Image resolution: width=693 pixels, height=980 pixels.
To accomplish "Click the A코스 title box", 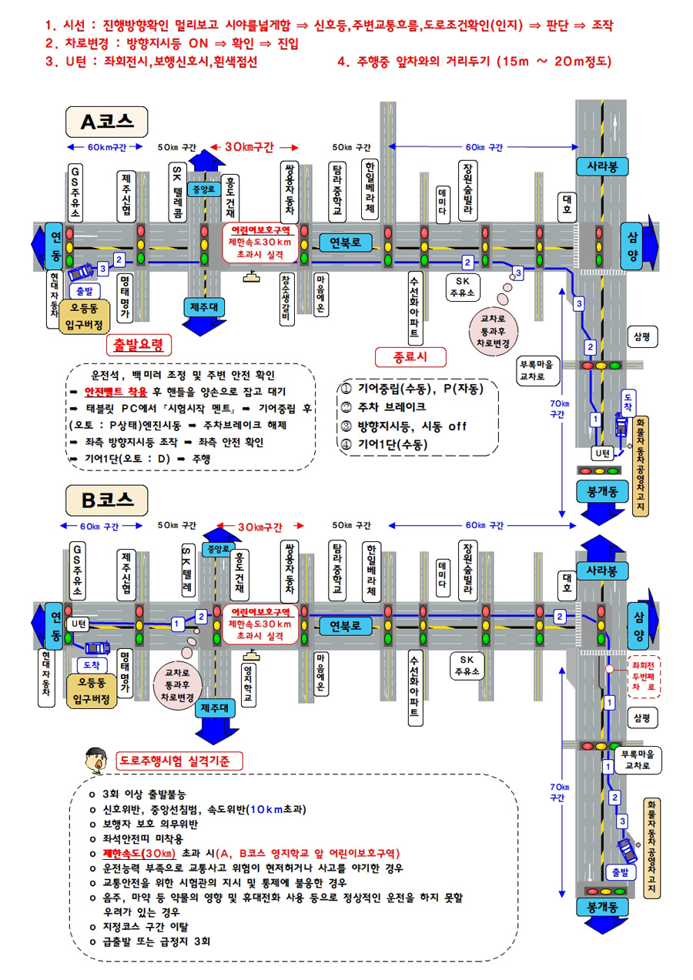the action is click(106, 122).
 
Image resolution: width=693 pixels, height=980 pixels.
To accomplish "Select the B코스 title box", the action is click(106, 500).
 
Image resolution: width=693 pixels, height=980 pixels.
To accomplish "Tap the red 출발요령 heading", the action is click(139, 345).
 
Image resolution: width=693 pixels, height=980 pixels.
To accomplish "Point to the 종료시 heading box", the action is click(410, 357).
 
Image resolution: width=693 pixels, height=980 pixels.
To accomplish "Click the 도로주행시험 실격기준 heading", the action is click(179, 761).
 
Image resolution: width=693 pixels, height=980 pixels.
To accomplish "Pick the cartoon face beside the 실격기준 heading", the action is click(95, 760).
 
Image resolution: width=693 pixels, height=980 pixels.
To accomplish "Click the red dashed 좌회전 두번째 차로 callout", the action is click(644, 677).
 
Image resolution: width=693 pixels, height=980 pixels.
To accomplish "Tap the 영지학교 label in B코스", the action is click(249, 684).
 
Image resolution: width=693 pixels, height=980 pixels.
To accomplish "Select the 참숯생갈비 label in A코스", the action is click(286, 299).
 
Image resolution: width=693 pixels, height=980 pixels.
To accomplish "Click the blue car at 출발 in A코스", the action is click(81, 272).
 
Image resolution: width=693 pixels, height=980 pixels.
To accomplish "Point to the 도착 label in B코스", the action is click(92, 665).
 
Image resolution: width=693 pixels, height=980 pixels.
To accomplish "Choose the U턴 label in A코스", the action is click(602, 453).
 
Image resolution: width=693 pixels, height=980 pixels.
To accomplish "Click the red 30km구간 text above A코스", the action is click(249, 147).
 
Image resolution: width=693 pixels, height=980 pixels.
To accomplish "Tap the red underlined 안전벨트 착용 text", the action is click(115, 392).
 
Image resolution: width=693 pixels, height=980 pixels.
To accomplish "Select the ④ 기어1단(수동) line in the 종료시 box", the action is click(384, 444).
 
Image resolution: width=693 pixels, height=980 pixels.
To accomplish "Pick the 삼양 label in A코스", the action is click(633, 246).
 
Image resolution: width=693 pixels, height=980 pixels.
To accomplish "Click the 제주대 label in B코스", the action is click(214, 708).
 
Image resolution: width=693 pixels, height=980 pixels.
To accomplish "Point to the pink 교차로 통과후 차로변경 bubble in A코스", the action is click(493, 331).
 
